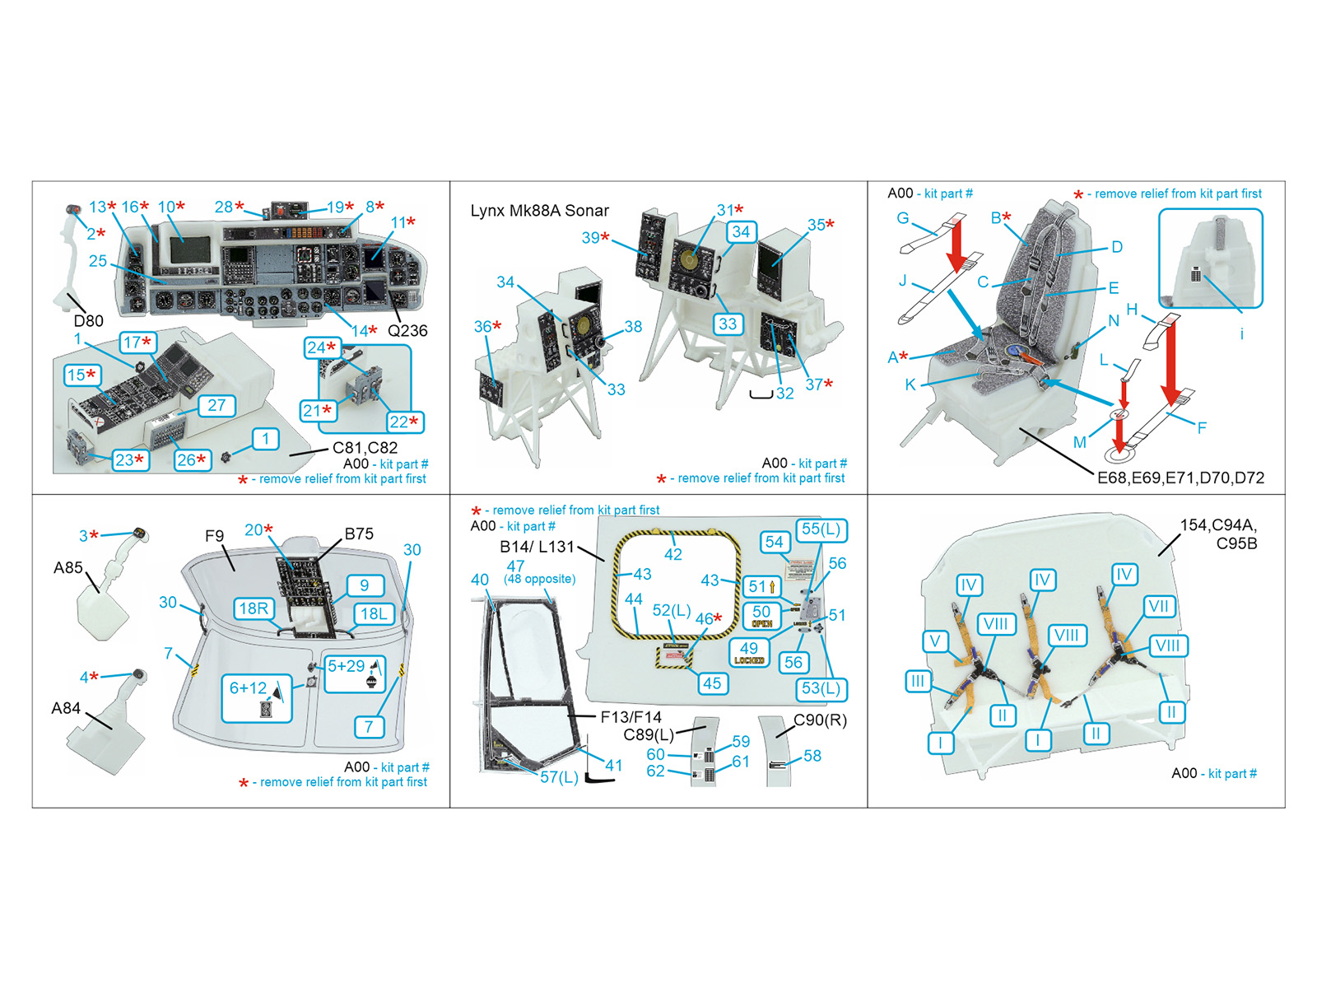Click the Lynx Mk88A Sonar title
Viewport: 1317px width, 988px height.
click(539, 211)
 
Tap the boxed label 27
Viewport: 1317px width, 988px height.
click(216, 405)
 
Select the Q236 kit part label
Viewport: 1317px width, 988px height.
click(407, 330)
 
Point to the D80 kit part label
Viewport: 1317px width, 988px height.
click(88, 320)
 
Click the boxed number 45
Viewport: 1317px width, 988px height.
click(712, 683)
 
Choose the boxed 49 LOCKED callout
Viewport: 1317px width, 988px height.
click(749, 653)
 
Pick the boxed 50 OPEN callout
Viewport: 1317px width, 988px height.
click(761, 615)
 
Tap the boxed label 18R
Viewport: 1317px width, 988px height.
click(254, 608)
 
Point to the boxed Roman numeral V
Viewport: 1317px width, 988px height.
click(934, 641)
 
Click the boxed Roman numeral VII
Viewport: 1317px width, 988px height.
click(1158, 607)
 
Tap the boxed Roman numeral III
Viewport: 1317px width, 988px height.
click(918, 681)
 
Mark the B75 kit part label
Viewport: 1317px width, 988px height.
click(359, 534)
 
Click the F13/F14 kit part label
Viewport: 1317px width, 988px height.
click(631, 717)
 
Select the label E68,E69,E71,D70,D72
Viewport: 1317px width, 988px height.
click(1180, 478)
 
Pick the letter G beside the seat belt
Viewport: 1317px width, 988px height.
click(903, 218)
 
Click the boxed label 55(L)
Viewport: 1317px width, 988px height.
click(821, 529)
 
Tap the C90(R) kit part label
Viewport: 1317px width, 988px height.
click(820, 720)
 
